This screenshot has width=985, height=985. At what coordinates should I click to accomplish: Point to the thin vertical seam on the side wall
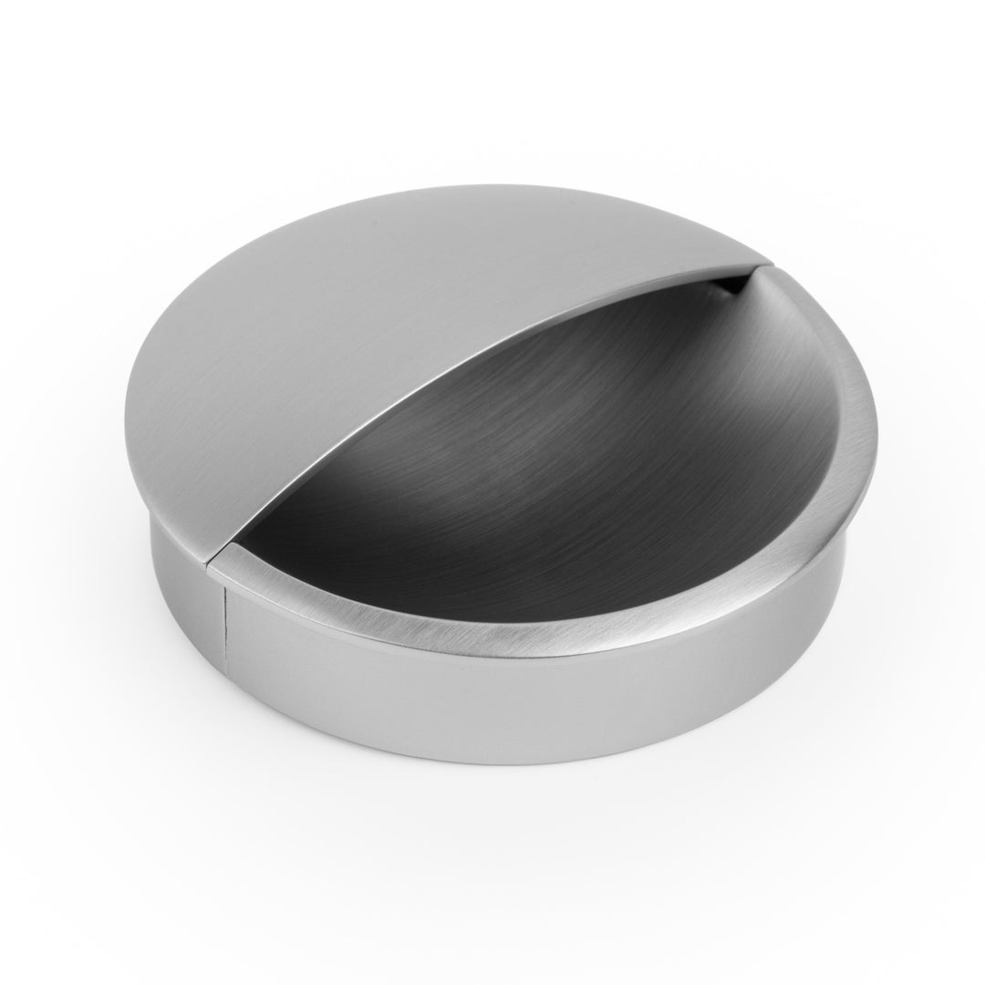(224, 638)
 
